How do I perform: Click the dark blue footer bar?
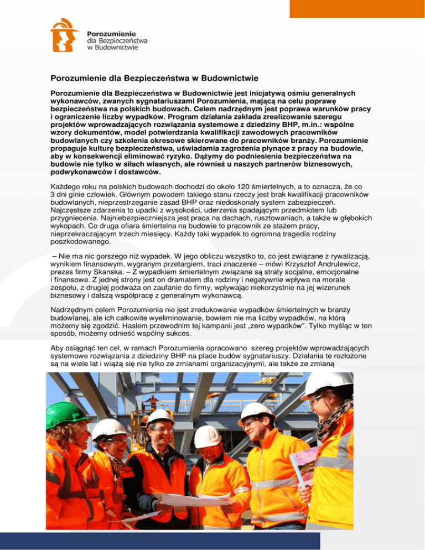pos(212,540)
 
